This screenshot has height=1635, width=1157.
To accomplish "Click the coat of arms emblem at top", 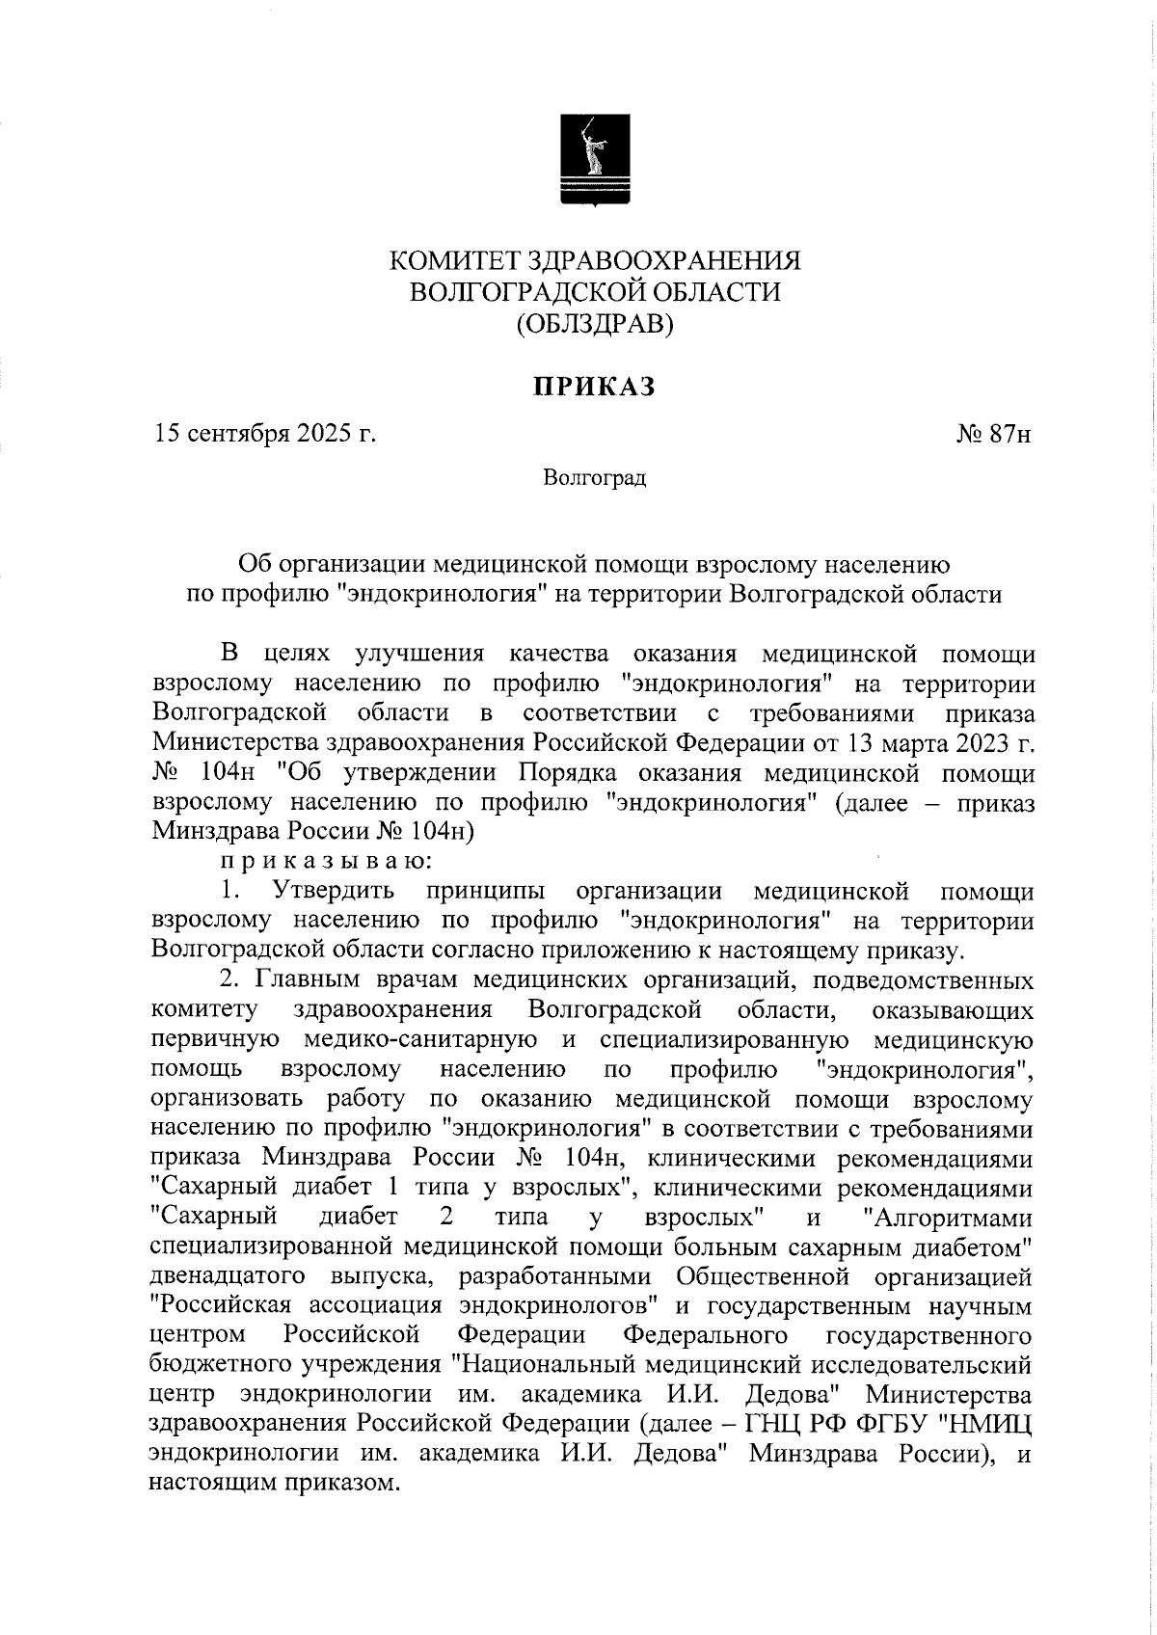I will point(595,159).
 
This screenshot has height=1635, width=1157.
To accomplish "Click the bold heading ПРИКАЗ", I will point(595,387).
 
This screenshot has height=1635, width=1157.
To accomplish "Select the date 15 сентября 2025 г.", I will point(265,435).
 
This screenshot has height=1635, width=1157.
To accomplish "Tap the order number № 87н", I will point(994,435).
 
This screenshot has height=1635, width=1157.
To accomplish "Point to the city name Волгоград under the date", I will point(594,478).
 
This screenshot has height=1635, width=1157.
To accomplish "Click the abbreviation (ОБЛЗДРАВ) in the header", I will point(595,325).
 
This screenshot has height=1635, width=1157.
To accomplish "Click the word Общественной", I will point(762,1277).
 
